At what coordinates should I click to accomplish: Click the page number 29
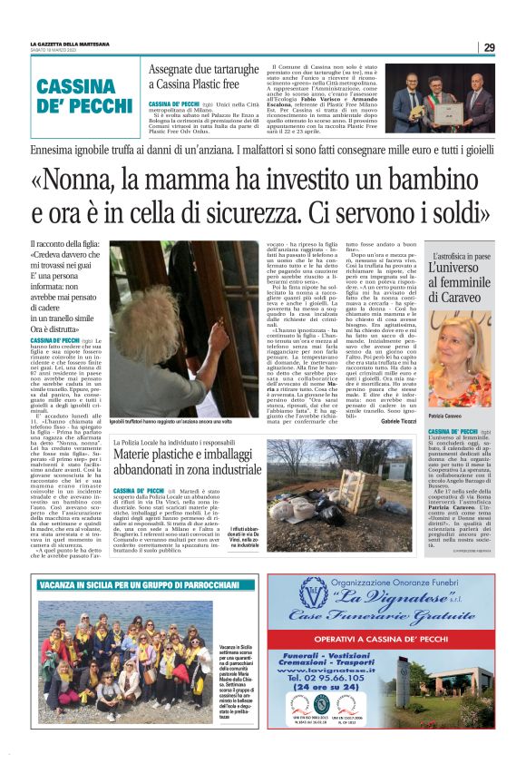coord(489,47)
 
